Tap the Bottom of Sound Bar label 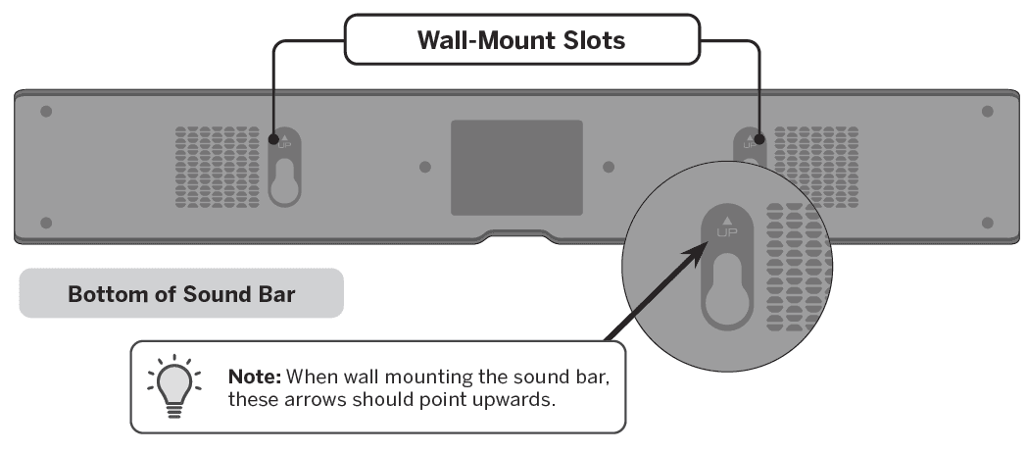[181, 293]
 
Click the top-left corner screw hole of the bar [45, 112]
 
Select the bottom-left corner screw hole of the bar [45, 224]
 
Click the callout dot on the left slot [272, 139]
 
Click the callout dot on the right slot [759, 139]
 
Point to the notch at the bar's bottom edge [514, 236]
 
